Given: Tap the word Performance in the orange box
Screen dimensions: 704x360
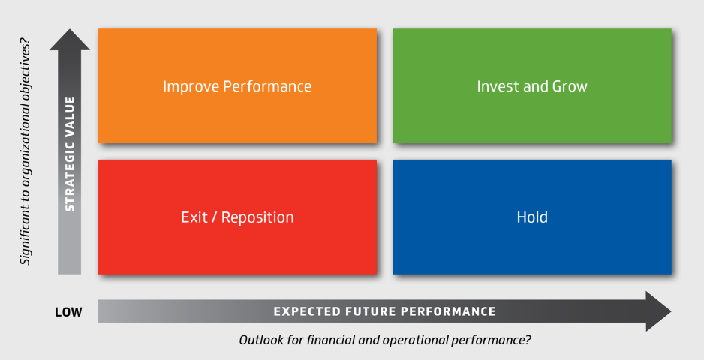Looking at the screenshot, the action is point(267,85).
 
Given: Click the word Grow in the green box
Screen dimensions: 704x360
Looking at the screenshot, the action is point(570,85).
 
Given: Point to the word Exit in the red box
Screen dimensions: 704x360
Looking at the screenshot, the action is point(194,217).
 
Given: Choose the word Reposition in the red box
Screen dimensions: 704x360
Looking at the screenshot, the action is point(257,217).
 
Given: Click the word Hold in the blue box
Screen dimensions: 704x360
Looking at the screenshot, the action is point(532,217).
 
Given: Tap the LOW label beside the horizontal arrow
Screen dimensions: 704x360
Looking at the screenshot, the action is point(68,312).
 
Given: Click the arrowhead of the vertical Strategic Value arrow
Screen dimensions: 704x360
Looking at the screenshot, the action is point(70,40).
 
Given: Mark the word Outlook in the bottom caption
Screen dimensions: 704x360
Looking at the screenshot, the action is point(256,340).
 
